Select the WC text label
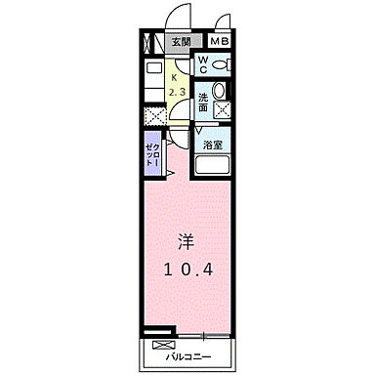[x=203, y=65]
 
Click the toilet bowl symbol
[x=222, y=65]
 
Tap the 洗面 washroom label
[x=203, y=101]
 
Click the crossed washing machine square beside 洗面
[x=222, y=111]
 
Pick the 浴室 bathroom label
[x=213, y=143]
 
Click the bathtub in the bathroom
[x=214, y=165]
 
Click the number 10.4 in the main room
[x=187, y=269]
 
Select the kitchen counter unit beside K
[x=153, y=84]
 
